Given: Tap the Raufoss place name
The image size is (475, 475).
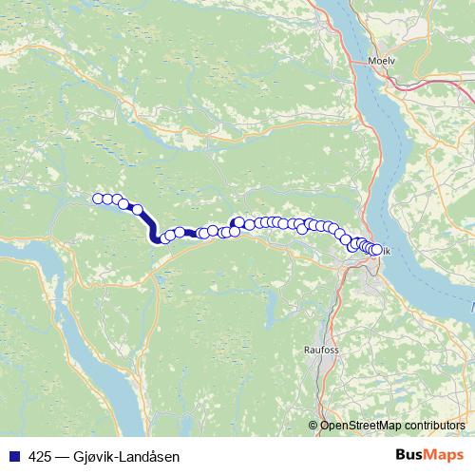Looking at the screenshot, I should tap(320, 350).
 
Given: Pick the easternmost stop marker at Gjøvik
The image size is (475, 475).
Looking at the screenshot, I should tap(376, 250).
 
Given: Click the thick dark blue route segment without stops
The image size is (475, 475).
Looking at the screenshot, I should tap(150, 226).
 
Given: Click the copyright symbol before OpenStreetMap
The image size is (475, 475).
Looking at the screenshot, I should tap(313, 426).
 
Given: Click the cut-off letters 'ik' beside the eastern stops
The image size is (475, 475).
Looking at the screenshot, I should tap(387, 251).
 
